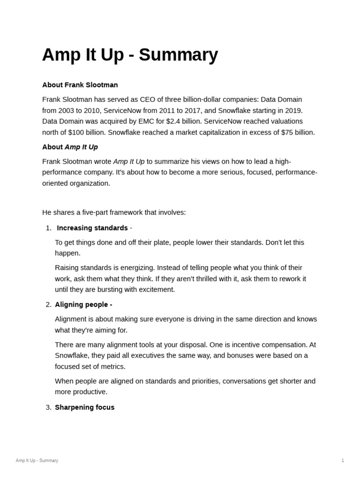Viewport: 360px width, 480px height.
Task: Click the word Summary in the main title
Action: point(178,55)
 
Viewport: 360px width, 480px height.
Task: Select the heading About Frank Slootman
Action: point(80,85)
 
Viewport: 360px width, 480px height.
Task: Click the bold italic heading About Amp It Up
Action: point(70,147)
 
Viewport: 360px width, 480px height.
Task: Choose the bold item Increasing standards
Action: point(92,228)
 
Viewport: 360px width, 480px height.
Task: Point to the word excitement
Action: point(156,289)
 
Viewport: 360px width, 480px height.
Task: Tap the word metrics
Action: point(112,366)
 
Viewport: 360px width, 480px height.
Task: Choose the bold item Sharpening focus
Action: point(84,407)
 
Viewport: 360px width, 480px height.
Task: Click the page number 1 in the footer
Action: point(343,460)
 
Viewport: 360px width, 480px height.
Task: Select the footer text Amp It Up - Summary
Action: point(37,460)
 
